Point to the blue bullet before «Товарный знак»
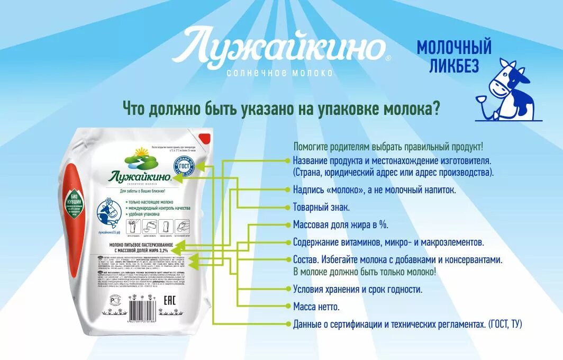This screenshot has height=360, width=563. pos(288,208)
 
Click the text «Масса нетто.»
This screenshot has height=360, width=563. pos(316,307)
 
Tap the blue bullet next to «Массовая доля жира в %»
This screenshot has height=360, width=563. pos(288,225)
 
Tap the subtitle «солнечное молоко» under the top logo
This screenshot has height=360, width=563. pos(280,72)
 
